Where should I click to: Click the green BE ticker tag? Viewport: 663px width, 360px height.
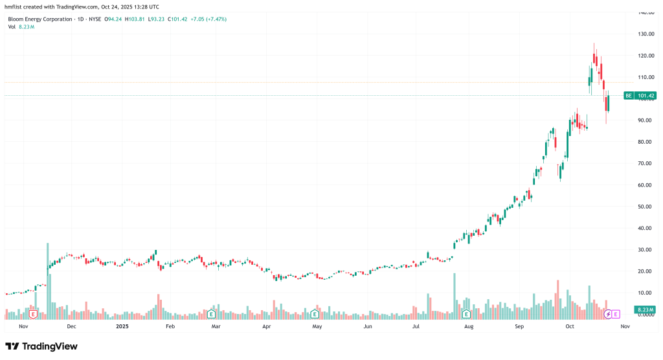628,96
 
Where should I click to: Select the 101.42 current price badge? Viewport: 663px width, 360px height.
646,96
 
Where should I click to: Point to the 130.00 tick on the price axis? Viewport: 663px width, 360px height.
646,34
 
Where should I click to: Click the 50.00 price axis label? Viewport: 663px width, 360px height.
646,207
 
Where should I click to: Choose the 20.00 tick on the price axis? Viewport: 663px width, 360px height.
646,271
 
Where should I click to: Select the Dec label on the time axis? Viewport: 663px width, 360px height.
71,327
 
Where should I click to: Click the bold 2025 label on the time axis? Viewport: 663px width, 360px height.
123,327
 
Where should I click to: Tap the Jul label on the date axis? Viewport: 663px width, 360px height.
416,327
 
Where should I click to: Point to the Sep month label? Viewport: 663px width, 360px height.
519,327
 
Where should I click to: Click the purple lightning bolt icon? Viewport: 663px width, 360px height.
608,314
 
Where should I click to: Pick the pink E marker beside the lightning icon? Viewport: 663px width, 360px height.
616,314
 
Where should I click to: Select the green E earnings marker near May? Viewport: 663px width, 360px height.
315,314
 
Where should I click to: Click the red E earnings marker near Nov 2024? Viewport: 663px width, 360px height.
33,314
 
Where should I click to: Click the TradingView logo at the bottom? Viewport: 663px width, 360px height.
41,346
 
